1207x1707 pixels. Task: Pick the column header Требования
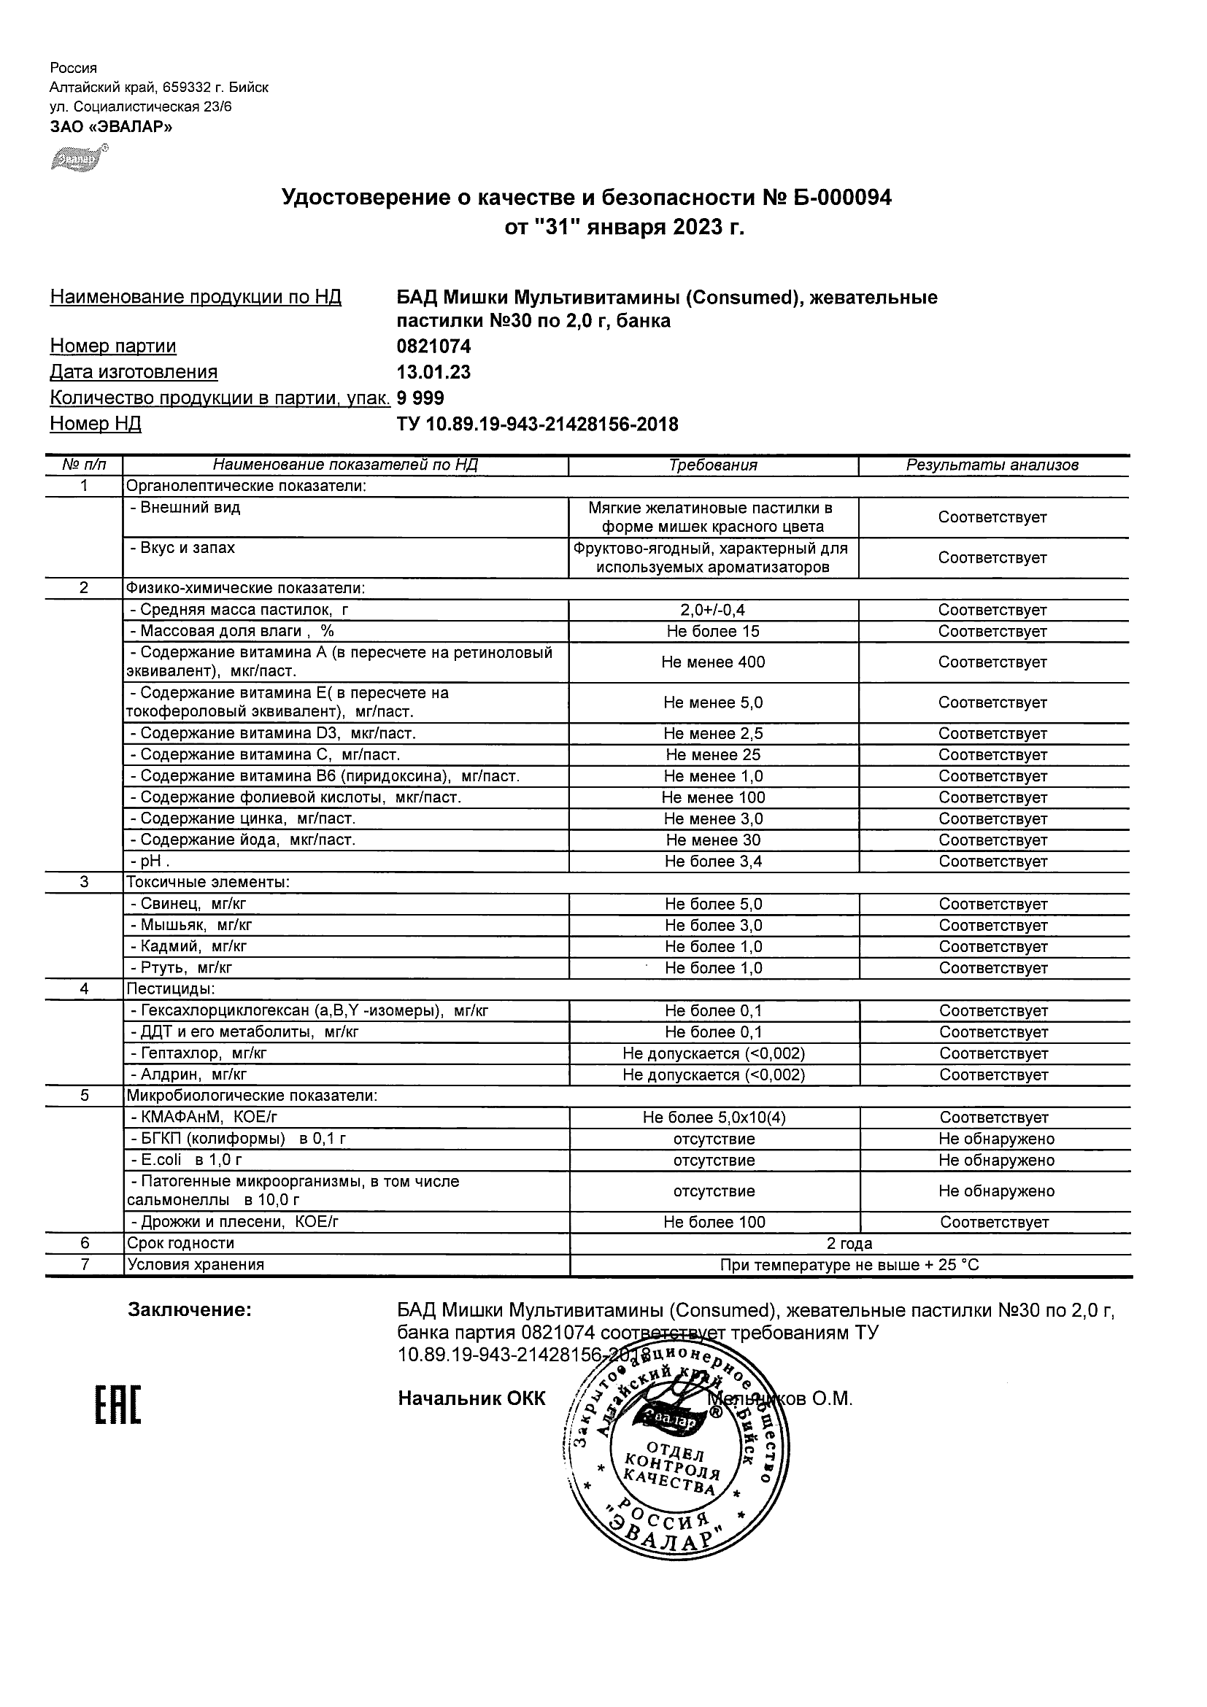point(712,465)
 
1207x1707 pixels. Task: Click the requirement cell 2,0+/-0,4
point(712,611)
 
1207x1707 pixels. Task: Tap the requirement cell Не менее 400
point(712,662)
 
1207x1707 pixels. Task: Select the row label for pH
point(150,862)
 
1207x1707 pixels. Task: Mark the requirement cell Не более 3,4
point(713,862)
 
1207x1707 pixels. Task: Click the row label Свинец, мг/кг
point(188,904)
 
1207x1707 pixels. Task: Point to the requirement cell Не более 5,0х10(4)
point(714,1118)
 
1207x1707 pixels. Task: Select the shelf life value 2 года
point(849,1243)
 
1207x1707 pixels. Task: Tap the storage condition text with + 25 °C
point(849,1265)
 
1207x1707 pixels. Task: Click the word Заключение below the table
point(190,1310)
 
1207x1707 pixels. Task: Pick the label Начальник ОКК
point(471,1398)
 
